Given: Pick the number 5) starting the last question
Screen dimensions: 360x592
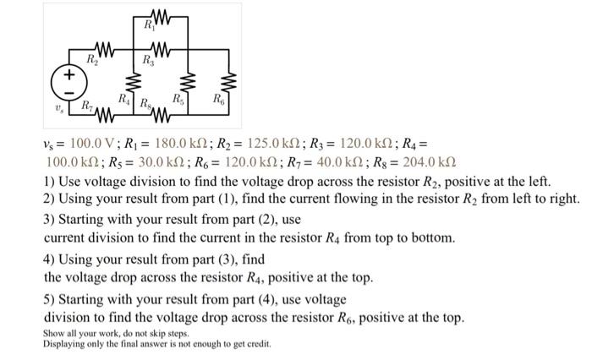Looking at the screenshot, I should coord(49,299).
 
